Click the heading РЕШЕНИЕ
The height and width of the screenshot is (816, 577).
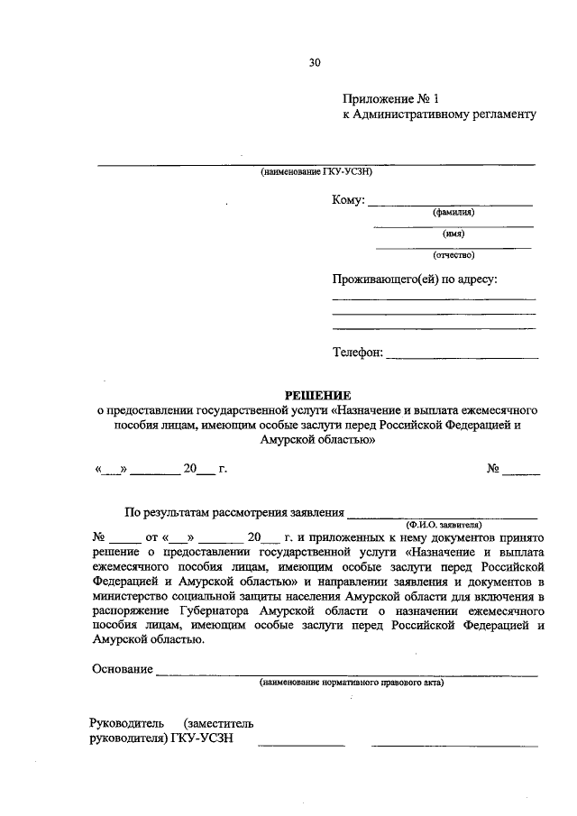click(x=318, y=394)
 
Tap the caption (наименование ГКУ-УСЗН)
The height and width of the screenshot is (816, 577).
click(x=316, y=171)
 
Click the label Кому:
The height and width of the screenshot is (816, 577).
click(x=347, y=200)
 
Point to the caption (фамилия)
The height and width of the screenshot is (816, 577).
click(x=453, y=213)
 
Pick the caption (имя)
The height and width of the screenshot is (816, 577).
click(x=453, y=234)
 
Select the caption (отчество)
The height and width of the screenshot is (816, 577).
click(x=453, y=254)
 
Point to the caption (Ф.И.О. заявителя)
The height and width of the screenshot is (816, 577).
click(x=444, y=523)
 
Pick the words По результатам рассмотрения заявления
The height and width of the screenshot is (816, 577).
click(x=234, y=514)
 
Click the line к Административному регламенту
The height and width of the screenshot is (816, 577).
click(x=439, y=115)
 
